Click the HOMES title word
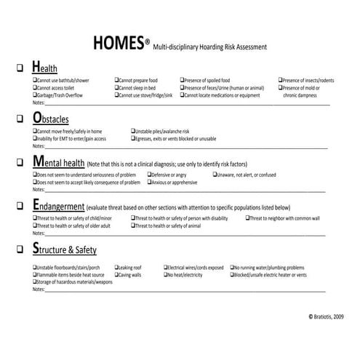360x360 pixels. (x=119, y=43)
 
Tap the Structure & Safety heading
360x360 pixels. (x=65, y=250)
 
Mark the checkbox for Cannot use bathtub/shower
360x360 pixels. (x=35, y=81)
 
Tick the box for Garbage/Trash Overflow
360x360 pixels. (x=35, y=95)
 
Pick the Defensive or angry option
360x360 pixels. (x=169, y=175)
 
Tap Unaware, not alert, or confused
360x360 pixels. (x=247, y=175)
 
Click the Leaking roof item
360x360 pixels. (x=134, y=268)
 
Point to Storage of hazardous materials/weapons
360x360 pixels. (x=73, y=281)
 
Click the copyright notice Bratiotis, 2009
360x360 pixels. (x=327, y=317)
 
